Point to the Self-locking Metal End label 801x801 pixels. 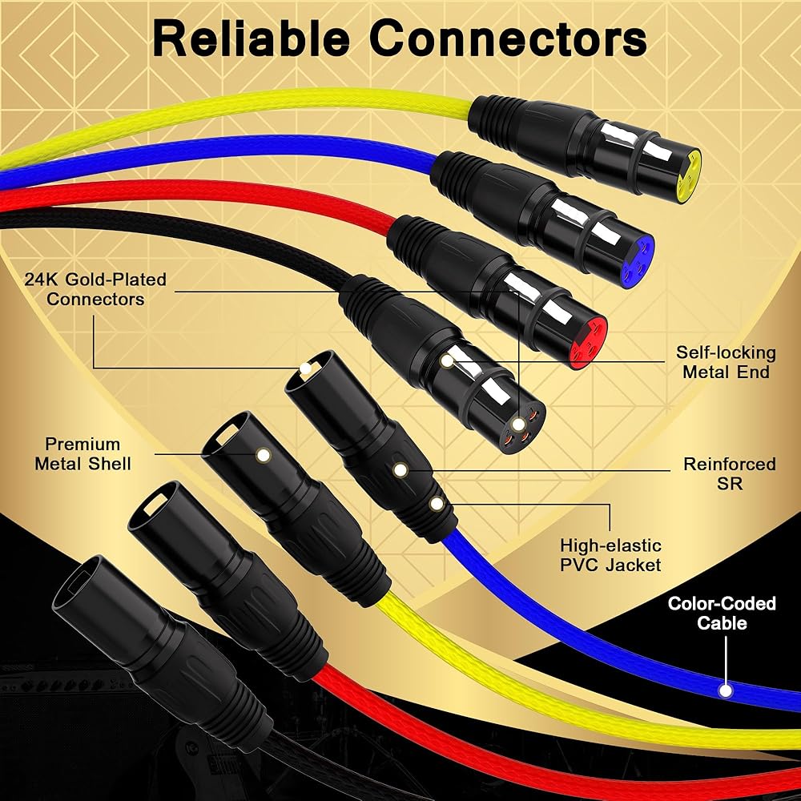[726, 362]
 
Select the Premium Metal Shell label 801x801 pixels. [83, 453]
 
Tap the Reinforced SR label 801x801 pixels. [718, 473]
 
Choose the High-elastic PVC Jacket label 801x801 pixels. [610, 555]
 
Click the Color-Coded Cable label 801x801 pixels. [723, 613]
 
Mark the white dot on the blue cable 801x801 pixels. [727, 689]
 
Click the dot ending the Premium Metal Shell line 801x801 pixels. [263, 455]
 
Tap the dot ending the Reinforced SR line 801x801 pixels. [399, 470]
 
